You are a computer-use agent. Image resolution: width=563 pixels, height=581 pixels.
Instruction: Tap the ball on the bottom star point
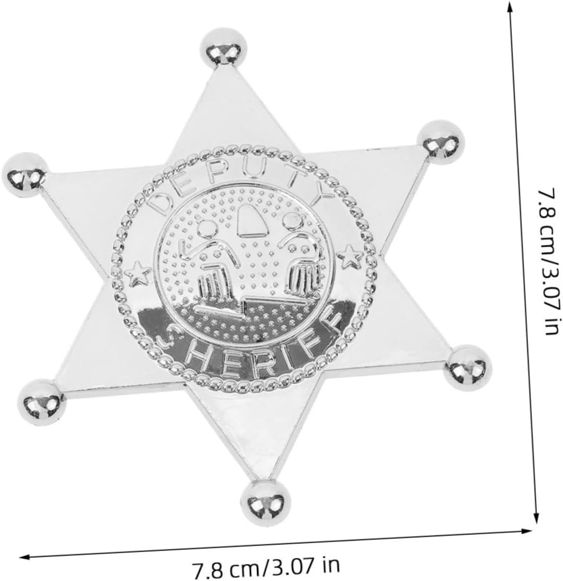(x=265, y=503)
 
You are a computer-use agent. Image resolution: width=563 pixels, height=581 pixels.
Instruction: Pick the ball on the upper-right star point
(x=441, y=142)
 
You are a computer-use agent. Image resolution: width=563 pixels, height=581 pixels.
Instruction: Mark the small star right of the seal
(x=350, y=256)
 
